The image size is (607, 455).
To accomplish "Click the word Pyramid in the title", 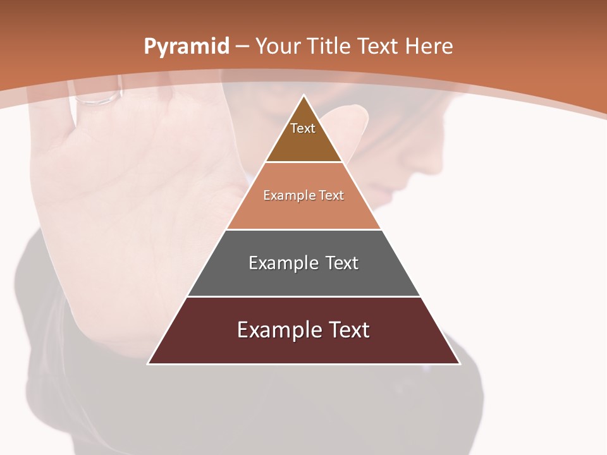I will (x=186, y=46).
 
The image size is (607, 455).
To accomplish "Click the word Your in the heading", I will (x=278, y=46).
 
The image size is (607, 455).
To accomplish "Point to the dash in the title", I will (x=242, y=47).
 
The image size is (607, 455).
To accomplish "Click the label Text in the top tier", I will (x=303, y=128).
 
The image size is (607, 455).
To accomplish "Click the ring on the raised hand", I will (x=98, y=98).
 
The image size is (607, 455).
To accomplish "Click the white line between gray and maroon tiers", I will (x=303, y=296).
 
